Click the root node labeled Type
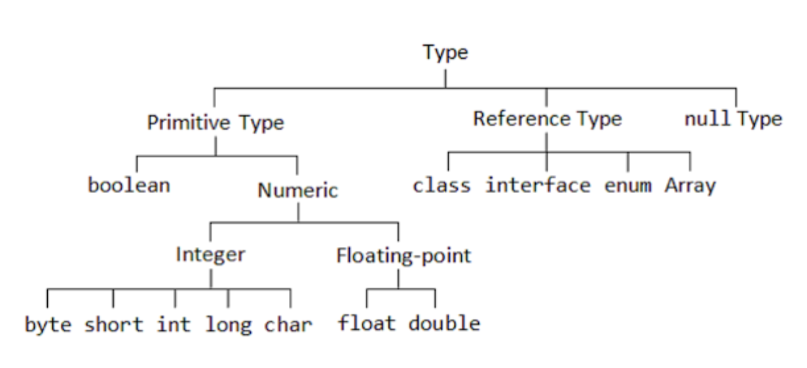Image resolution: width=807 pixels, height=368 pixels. (445, 52)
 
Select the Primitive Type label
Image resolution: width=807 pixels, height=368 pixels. (216, 122)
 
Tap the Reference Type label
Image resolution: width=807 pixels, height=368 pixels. (547, 119)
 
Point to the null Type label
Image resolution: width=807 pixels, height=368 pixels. (733, 119)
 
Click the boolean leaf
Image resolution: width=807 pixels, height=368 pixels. (129, 185)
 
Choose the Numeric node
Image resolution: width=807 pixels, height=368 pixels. (298, 191)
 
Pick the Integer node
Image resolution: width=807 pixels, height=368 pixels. (210, 254)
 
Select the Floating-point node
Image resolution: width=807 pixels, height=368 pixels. (403, 255)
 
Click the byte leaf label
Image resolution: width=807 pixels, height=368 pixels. (48, 324)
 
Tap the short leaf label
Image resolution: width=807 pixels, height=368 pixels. (113, 324)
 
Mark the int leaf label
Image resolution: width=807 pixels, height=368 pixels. (174, 324)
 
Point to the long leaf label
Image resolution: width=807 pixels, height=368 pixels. (229, 324)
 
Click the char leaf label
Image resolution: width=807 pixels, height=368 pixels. (288, 324)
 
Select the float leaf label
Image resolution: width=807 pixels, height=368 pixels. (367, 323)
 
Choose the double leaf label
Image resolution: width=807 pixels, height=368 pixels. (444, 323)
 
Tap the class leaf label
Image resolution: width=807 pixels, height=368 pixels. (441, 186)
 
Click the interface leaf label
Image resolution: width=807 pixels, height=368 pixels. (538, 186)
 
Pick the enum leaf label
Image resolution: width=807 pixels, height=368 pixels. (628, 186)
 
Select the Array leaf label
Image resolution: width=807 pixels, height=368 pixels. (690, 186)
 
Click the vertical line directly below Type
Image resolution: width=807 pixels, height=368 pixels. (445, 77)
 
